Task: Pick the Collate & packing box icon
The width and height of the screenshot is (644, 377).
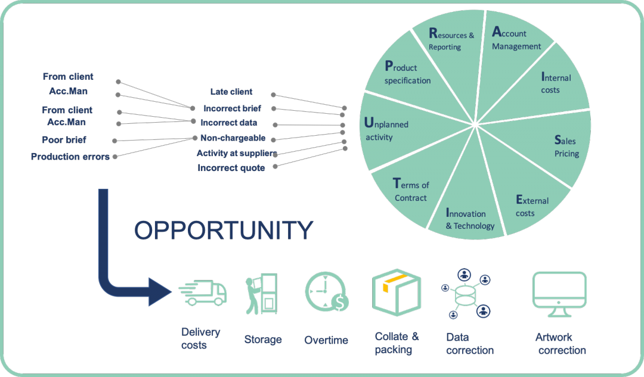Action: (x=396, y=292)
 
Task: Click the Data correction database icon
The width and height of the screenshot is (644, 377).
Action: (x=466, y=293)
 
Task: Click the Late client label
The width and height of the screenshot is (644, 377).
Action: (x=231, y=92)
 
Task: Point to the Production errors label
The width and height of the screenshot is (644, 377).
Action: (x=70, y=157)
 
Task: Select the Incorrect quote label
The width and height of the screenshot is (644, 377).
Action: (x=231, y=168)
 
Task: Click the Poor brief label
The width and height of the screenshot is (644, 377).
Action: (x=64, y=139)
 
